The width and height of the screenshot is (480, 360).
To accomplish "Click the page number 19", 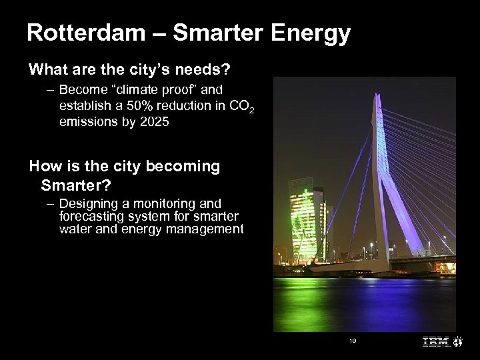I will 353,340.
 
